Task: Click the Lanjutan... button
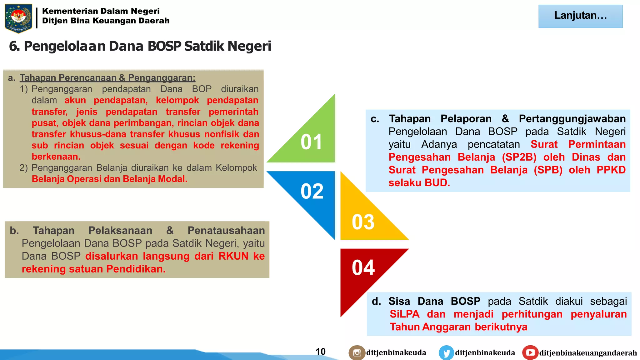(x=580, y=16)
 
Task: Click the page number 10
(x=320, y=352)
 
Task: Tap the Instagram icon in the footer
(x=357, y=353)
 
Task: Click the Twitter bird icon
(x=446, y=353)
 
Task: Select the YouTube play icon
(x=530, y=352)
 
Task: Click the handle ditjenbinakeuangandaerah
(x=588, y=353)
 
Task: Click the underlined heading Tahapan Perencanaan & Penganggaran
(x=107, y=77)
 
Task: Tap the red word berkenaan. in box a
(x=56, y=156)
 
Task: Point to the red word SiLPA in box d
(x=404, y=314)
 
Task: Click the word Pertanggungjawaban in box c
(x=572, y=119)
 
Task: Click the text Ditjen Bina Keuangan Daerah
(x=106, y=21)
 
